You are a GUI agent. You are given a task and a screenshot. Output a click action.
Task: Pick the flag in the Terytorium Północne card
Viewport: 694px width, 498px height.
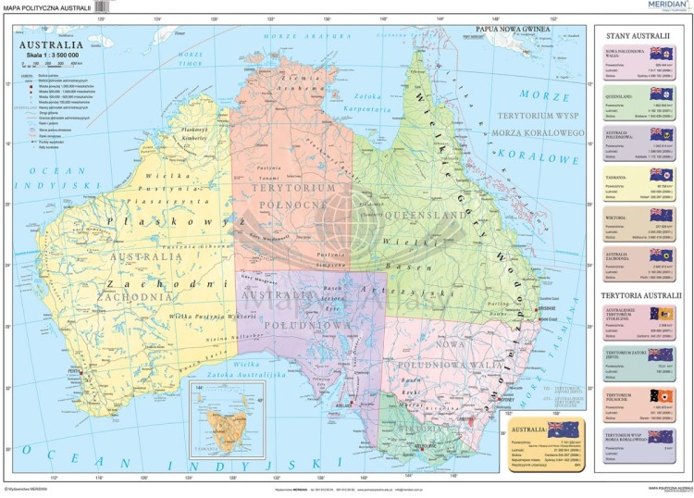(661, 397)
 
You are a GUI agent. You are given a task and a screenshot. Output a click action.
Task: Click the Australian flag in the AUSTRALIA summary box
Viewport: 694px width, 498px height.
(563, 429)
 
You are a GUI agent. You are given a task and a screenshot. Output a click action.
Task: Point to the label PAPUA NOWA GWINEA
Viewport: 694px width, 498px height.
(513, 29)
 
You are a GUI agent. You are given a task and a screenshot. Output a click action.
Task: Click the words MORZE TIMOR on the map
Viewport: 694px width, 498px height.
(192, 58)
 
